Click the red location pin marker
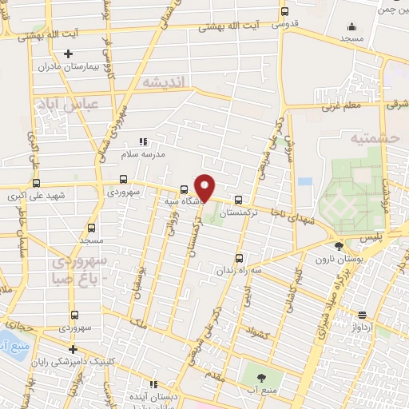(x=204, y=187)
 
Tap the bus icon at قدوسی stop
(x=284, y=12)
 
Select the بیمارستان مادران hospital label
(x=114, y=65)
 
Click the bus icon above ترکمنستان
(x=239, y=200)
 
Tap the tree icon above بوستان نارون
(x=340, y=247)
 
